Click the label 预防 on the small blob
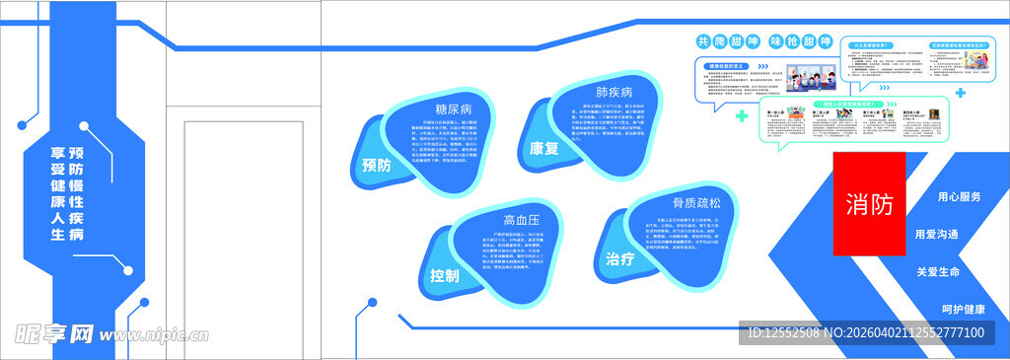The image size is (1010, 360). pos(376,166)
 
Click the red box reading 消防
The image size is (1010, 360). pos(869,203)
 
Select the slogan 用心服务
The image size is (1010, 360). pos(960,197)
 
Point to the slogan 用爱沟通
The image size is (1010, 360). pos(936,234)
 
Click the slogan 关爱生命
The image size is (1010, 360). pos(938,271)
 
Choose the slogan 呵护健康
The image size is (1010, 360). pos(963,309)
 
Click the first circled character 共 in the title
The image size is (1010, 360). pos(703,41)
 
